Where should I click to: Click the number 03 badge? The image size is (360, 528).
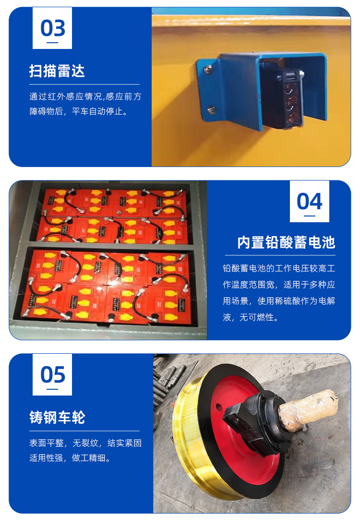[52, 28]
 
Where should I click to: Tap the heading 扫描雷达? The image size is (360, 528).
[57, 71]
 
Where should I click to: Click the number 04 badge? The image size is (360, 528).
[310, 201]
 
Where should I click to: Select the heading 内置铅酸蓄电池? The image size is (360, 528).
[286, 242]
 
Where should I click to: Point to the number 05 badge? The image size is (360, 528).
[52, 374]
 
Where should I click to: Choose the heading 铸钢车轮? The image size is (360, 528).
[57, 418]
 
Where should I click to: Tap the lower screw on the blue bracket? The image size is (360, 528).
[212, 109]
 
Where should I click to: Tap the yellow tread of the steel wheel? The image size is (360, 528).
[189, 438]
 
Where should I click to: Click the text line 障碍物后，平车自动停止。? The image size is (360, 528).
[79, 111]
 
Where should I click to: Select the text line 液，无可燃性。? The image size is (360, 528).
[251, 317]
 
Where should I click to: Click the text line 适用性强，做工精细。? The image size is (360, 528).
[70, 458]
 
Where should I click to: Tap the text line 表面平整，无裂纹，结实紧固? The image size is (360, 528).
[85, 443]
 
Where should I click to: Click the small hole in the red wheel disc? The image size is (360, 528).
[218, 407]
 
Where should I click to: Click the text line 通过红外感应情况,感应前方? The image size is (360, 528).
[85, 96]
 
